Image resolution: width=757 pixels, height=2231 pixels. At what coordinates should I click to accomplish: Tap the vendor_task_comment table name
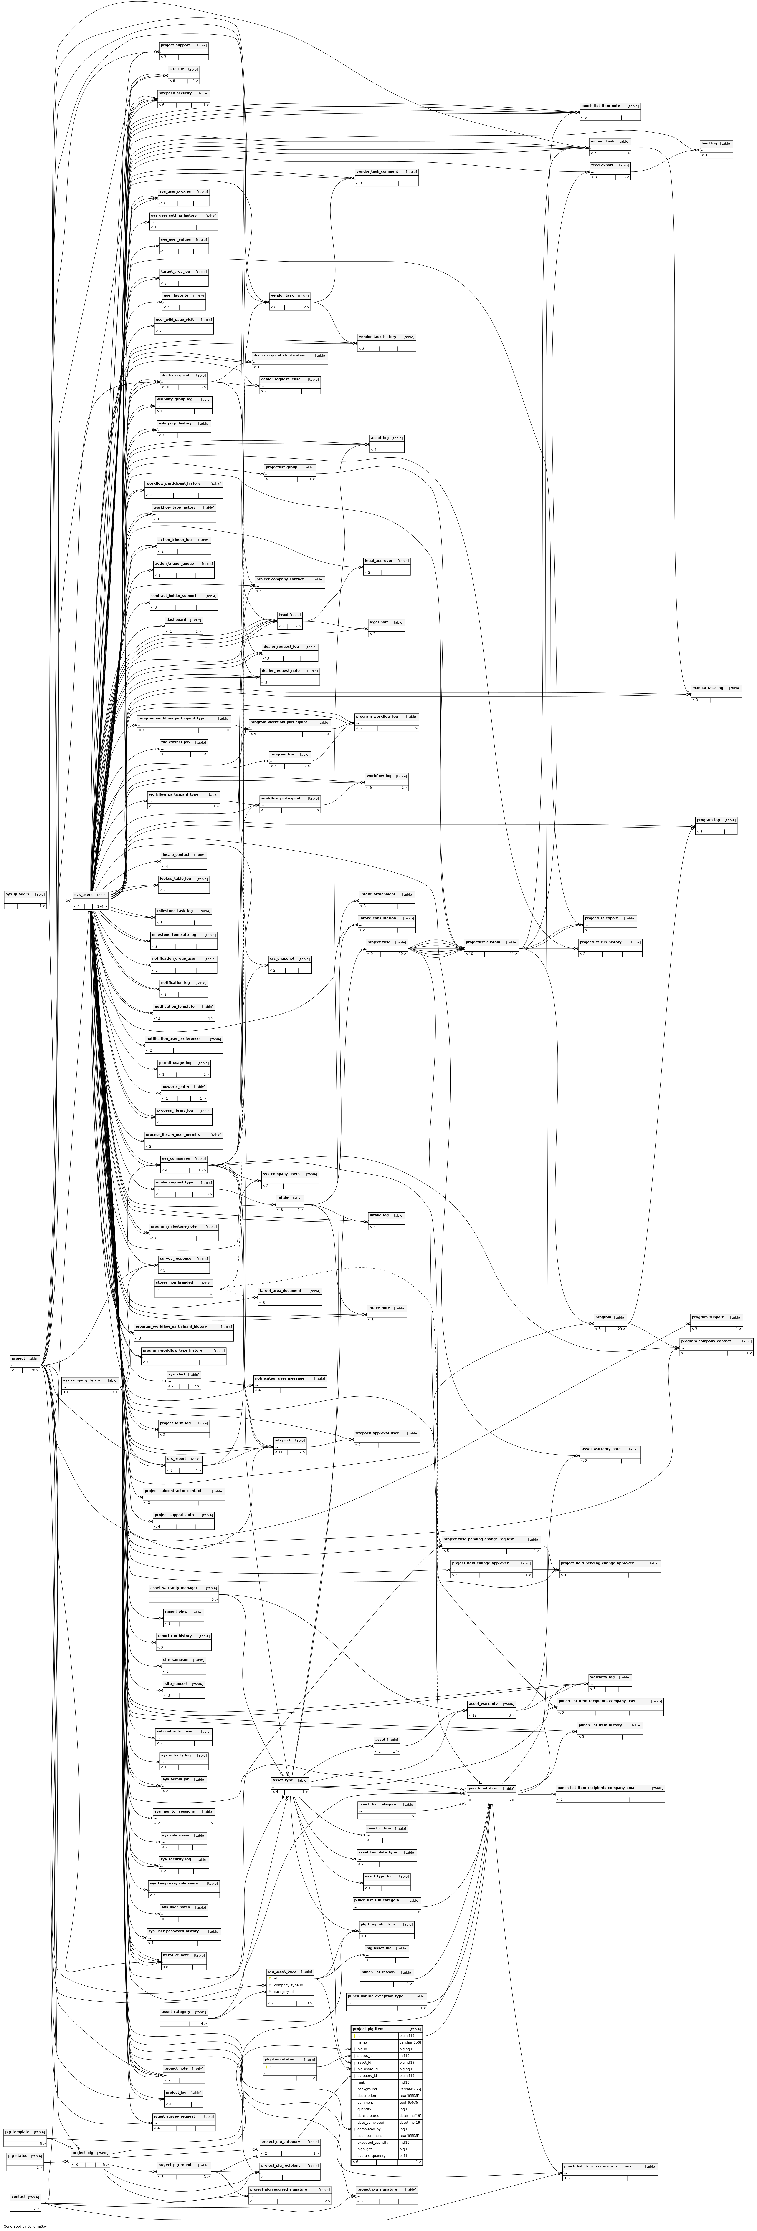click(377, 171)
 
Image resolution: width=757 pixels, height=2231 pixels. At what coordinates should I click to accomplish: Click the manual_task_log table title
click(707, 689)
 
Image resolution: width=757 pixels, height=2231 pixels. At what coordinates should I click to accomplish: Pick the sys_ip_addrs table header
click(18, 894)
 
